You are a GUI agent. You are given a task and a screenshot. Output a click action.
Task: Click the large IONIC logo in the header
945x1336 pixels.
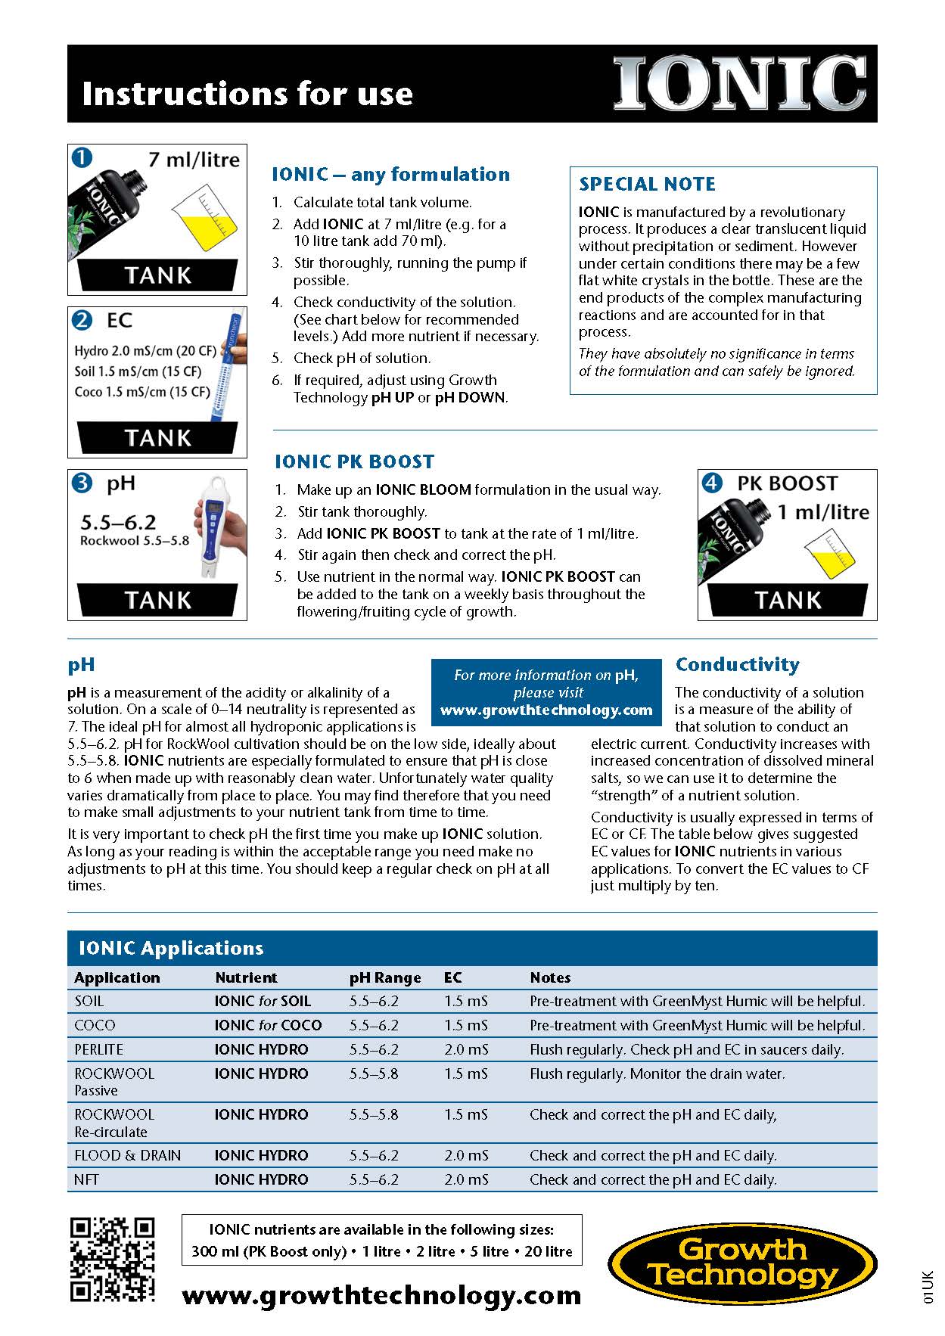coord(739,83)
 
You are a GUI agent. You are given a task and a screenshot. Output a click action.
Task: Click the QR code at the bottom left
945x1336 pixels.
coord(112,1260)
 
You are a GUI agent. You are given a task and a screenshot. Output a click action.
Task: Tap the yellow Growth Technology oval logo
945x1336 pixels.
coord(742,1263)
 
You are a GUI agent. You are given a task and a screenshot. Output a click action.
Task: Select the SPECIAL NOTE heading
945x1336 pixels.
coord(647,184)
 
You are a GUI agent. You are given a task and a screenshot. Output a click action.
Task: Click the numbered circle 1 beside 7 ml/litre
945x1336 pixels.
coord(82,157)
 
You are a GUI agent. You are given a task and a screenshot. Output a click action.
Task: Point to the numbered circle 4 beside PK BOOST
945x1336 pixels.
coord(712,483)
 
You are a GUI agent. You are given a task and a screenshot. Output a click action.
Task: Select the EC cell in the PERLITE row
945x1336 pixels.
coord(466,1049)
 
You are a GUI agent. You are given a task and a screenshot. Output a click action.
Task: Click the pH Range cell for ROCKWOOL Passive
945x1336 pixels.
coord(374,1073)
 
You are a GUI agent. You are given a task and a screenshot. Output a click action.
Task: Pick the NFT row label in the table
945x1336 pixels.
coord(87,1179)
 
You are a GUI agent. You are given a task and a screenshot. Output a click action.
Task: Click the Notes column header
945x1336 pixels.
coord(550,977)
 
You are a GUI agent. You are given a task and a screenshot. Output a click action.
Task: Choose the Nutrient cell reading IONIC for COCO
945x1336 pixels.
coord(268,1025)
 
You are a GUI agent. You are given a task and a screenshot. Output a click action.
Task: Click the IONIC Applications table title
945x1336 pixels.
coord(171,948)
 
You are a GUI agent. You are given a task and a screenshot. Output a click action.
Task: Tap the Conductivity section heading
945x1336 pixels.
coord(737,664)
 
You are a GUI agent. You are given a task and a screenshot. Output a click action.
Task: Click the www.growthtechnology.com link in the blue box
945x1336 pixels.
coord(546,710)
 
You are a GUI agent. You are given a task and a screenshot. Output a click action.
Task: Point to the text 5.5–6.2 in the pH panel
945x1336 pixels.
coord(118,522)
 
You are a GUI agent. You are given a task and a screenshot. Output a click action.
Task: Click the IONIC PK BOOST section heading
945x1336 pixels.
coord(354,461)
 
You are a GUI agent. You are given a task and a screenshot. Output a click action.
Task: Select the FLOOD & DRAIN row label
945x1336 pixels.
coord(128,1155)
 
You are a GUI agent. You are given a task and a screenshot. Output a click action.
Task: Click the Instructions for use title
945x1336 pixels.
coord(247,93)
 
